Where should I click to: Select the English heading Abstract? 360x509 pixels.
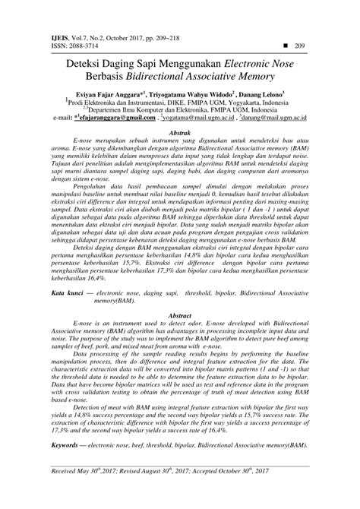click(179, 314)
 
